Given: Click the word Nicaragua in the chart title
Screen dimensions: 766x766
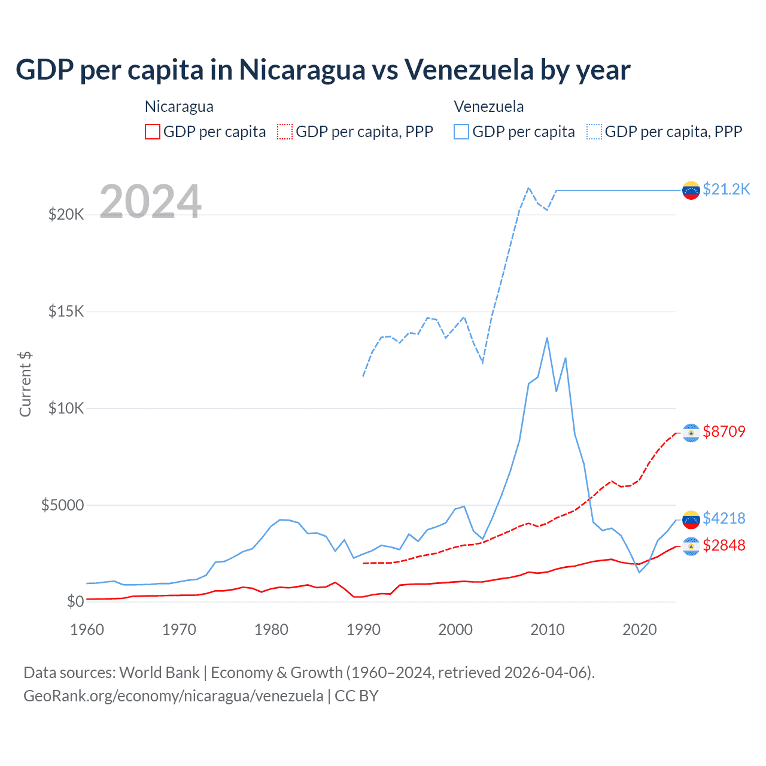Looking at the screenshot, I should [302, 70].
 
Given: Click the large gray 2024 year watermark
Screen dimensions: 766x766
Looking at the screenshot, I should [150, 202].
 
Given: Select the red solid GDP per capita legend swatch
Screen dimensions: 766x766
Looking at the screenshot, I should [153, 132].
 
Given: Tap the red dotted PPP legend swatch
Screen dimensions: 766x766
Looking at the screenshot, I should [285, 132].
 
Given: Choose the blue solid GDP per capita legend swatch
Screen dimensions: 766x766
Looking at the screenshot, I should [461, 132].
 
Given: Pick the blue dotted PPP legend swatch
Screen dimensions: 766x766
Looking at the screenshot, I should [594, 132].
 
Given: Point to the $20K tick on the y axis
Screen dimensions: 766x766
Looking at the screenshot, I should [66, 214].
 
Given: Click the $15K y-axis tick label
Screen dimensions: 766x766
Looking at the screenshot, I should [66, 311].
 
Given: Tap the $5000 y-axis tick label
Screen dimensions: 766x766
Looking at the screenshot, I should [62, 505].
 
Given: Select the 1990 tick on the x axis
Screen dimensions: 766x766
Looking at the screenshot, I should [363, 630].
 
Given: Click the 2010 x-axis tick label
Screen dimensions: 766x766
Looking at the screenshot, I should [548, 630].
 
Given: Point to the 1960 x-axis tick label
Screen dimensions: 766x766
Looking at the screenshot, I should [87, 630].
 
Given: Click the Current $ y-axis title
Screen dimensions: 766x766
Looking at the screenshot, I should [25, 384].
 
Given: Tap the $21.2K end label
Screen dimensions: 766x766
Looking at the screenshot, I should [726, 189].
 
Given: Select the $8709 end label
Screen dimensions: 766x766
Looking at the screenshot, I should [724, 431].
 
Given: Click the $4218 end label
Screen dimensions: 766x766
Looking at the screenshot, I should [724, 518].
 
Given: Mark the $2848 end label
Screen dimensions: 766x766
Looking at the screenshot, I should [724, 545].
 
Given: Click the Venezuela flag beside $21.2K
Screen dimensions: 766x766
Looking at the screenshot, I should [691, 190].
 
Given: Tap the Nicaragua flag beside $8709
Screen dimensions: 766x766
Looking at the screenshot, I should [691, 433].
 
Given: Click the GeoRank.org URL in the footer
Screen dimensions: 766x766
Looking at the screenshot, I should [174, 696].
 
